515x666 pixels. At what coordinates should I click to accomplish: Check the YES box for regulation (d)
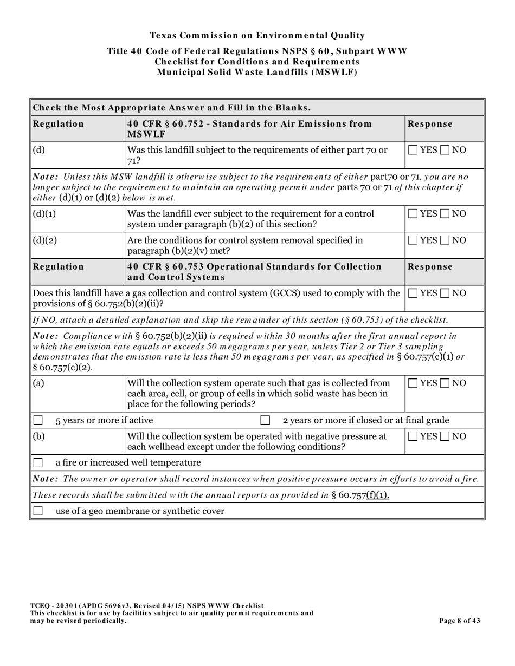413,150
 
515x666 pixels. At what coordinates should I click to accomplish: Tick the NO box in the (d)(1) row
445,214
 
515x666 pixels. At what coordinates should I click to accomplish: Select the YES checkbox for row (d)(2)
413,240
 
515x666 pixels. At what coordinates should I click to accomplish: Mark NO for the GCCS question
445,293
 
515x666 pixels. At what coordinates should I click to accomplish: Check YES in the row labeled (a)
413,383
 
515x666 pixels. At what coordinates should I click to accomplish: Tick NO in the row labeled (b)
445,436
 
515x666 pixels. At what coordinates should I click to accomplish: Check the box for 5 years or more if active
38,420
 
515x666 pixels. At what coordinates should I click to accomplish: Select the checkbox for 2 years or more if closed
265,420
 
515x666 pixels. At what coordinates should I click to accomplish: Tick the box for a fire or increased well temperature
38,463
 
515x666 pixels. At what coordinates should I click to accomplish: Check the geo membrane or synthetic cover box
38,511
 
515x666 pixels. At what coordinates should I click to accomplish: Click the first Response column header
430,124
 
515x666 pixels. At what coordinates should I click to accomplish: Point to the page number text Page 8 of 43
459,621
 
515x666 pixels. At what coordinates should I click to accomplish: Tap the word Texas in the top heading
163,36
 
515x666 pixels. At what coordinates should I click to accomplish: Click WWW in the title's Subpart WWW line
395,51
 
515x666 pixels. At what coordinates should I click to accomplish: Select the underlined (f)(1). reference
377,495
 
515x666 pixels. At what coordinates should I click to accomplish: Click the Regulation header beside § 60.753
59,266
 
